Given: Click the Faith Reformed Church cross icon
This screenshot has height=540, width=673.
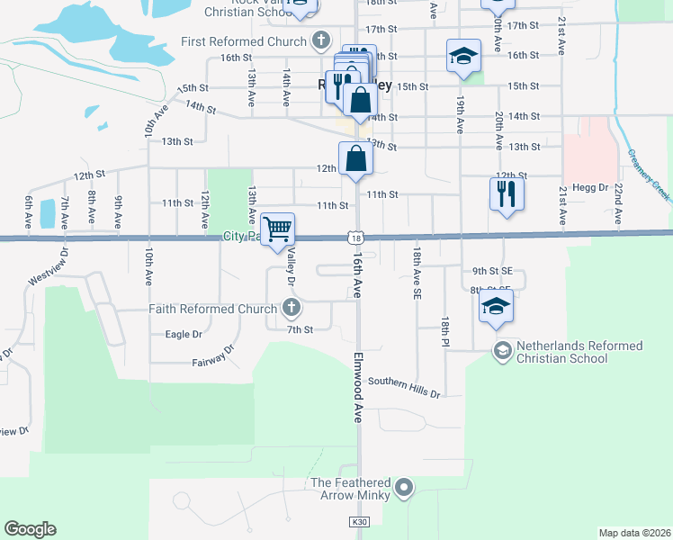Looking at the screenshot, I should click(291, 309).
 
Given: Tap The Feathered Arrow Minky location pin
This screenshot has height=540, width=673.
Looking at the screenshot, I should click(404, 489).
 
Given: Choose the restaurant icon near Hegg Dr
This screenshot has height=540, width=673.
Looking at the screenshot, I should click(505, 193).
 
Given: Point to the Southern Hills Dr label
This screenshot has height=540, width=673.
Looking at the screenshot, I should click(404, 387).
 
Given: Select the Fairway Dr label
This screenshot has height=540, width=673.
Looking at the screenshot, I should click(212, 356).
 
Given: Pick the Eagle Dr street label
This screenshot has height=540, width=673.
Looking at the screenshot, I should click(184, 334).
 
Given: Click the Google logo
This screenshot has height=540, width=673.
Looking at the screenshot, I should click(30, 528).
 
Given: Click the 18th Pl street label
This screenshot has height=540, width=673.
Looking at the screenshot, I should click(444, 332).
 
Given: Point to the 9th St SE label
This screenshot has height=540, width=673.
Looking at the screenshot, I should click(492, 270).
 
